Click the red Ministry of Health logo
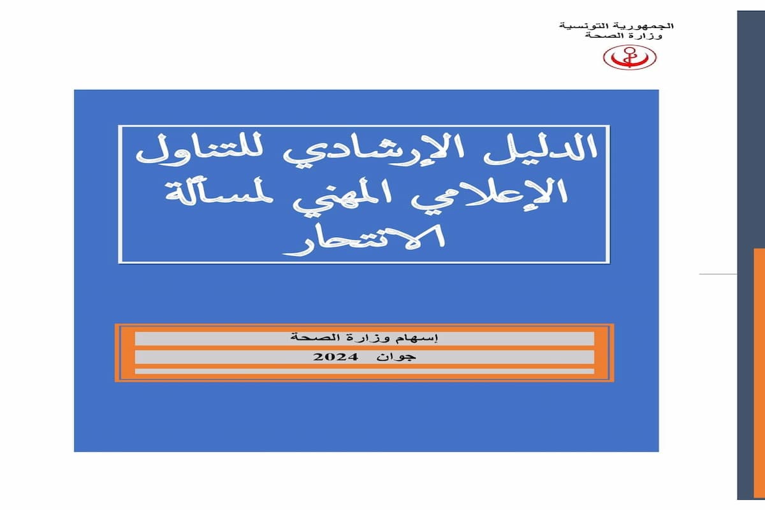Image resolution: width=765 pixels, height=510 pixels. (629, 57)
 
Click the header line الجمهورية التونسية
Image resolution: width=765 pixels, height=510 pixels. (616, 26)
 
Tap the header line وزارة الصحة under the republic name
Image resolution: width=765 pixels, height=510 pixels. (623, 36)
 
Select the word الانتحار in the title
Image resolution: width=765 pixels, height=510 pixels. (365, 240)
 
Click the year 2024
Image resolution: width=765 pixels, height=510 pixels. (335, 357)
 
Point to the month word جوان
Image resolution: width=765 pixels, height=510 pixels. (396, 357)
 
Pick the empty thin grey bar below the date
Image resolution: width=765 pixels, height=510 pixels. (365, 371)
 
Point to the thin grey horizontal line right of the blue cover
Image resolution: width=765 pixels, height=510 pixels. (718, 274)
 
